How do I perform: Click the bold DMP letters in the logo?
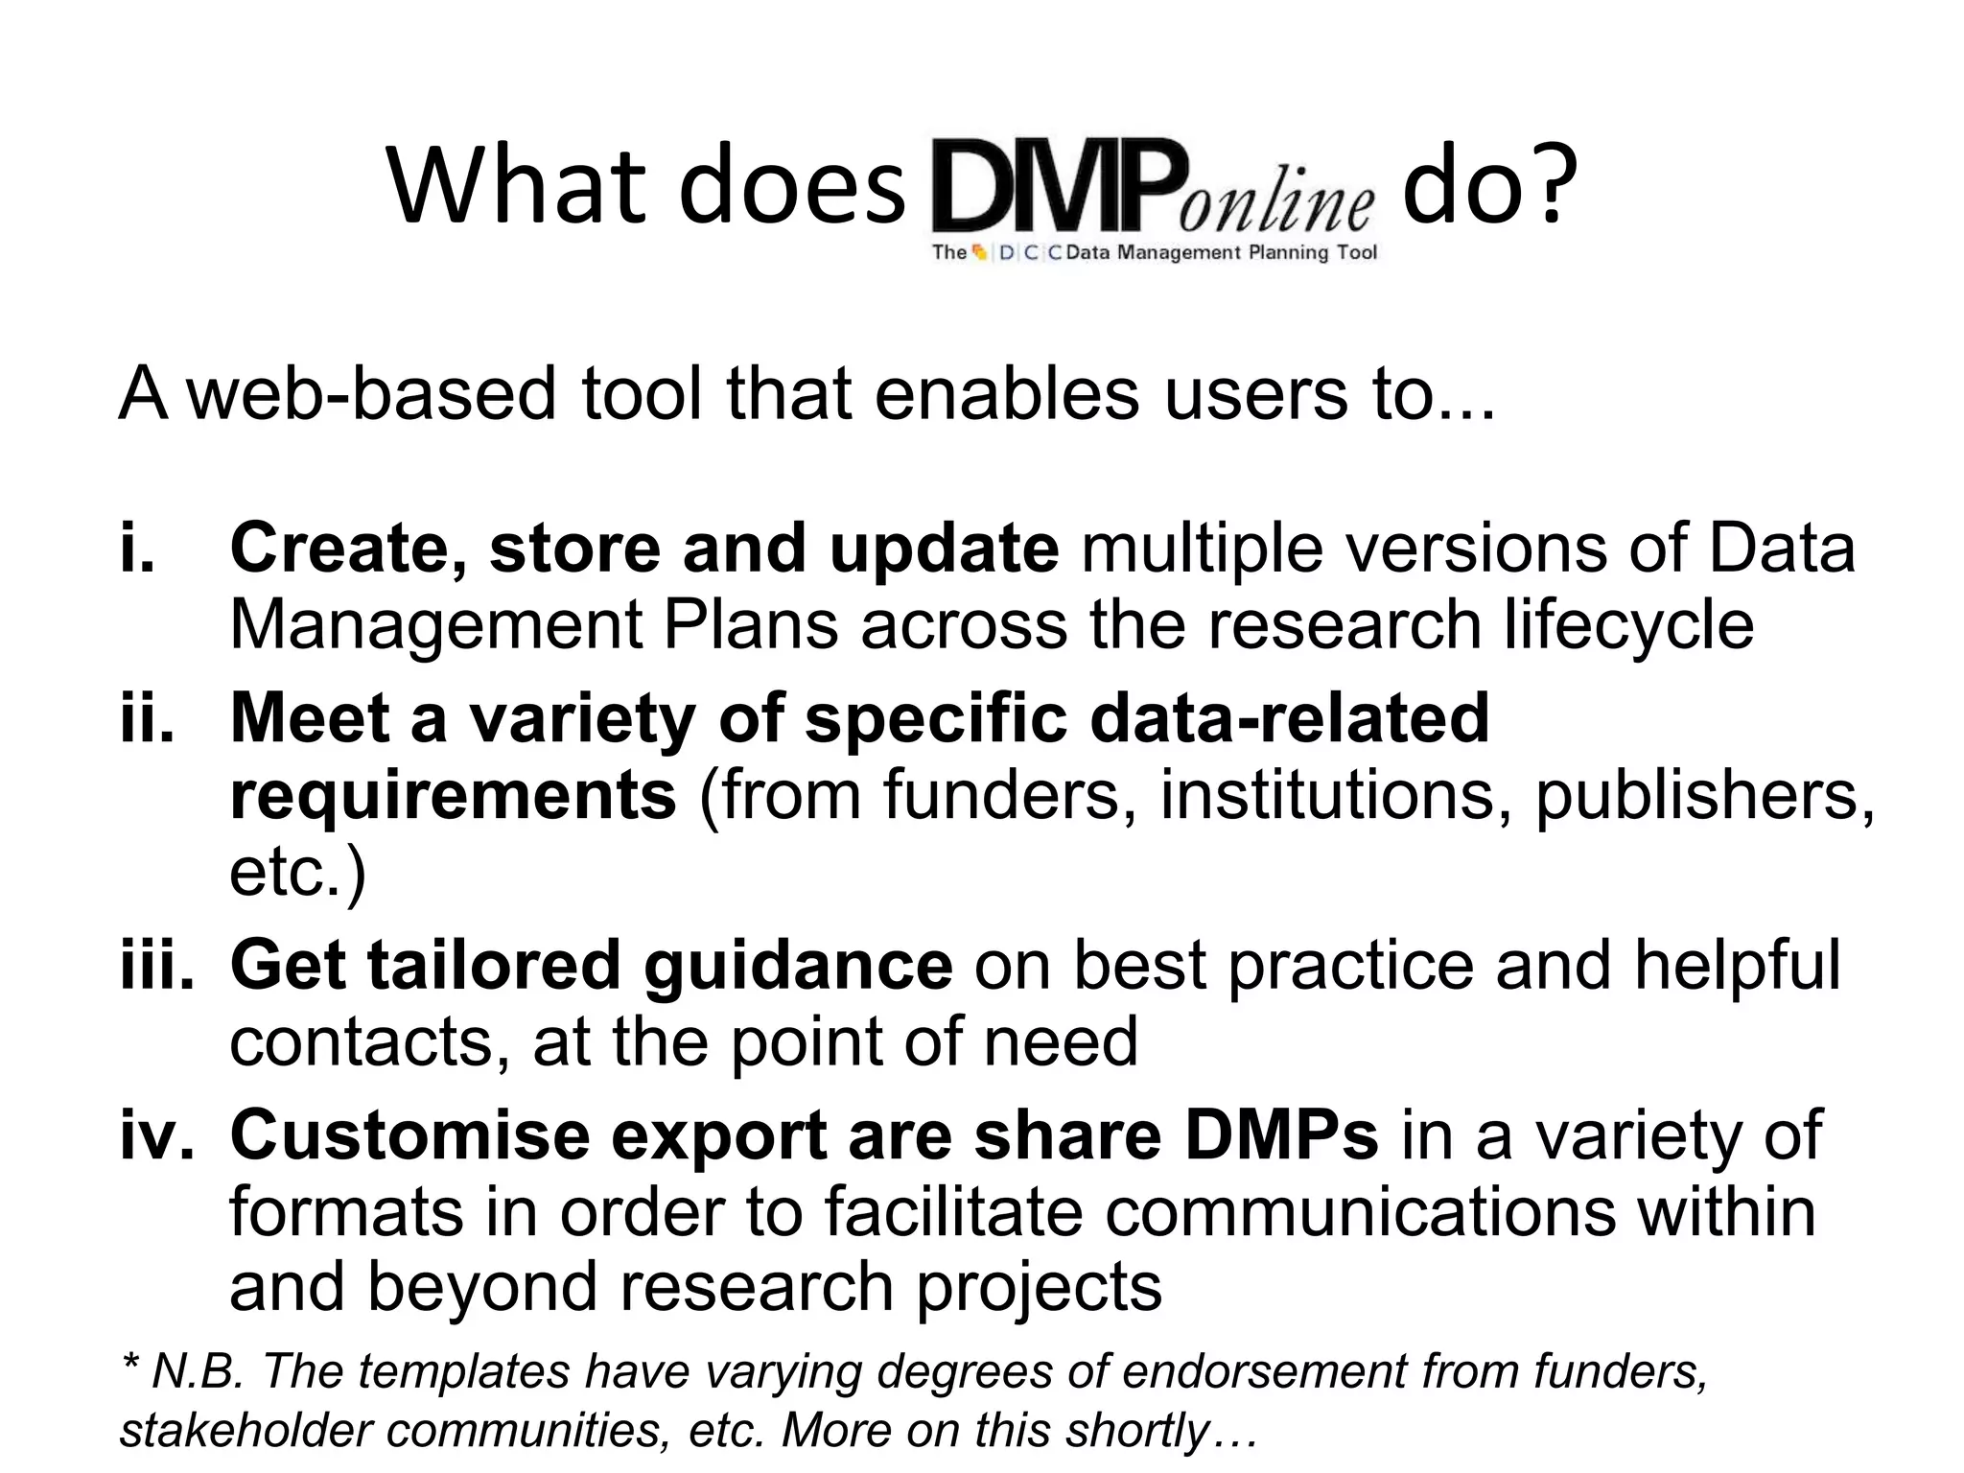pyautogui.click(x=1053, y=187)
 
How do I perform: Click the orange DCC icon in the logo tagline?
pyautogui.click(x=979, y=253)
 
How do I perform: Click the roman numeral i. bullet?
pyautogui.click(x=138, y=549)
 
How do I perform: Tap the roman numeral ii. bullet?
pyautogui.click(x=148, y=718)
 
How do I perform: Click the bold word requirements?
pyautogui.click(x=453, y=796)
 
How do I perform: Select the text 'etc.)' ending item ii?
pyautogui.click(x=297, y=873)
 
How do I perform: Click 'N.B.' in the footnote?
pyautogui.click(x=197, y=1371)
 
